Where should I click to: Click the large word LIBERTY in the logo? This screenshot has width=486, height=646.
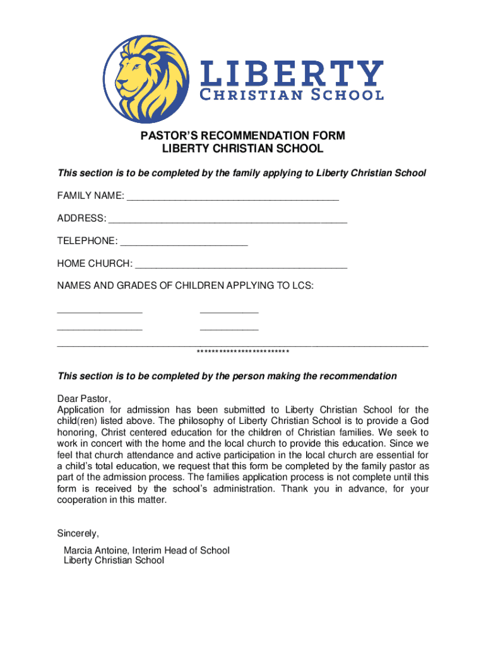click(x=291, y=74)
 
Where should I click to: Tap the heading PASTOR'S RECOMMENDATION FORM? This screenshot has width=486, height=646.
click(x=242, y=136)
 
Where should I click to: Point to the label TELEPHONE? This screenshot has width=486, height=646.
click(x=87, y=242)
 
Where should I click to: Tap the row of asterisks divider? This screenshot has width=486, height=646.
click(x=242, y=352)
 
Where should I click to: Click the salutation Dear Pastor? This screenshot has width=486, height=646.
click(x=84, y=399)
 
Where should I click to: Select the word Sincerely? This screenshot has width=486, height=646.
click(x=78, y=533)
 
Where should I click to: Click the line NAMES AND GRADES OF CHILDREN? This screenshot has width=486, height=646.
click(x=186, y=286)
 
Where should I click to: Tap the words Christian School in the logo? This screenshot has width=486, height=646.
click(x=291, y=95)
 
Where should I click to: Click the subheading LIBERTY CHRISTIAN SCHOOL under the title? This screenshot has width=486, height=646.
click(x=242, y=149)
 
